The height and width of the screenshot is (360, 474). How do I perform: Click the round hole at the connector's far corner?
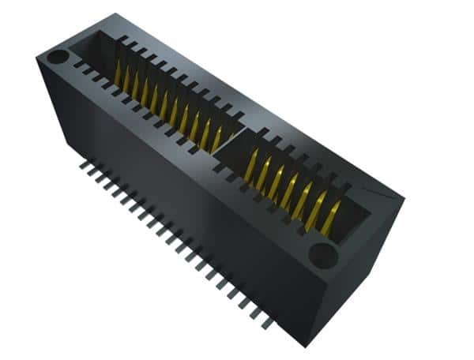click(x=58, y=57)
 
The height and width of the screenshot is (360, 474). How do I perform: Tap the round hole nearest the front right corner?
click(x=322, y=253)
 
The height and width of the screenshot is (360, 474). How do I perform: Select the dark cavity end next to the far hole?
click(x=87, y=47)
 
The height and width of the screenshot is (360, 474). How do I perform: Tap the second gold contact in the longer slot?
click(x=128, y=79)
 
